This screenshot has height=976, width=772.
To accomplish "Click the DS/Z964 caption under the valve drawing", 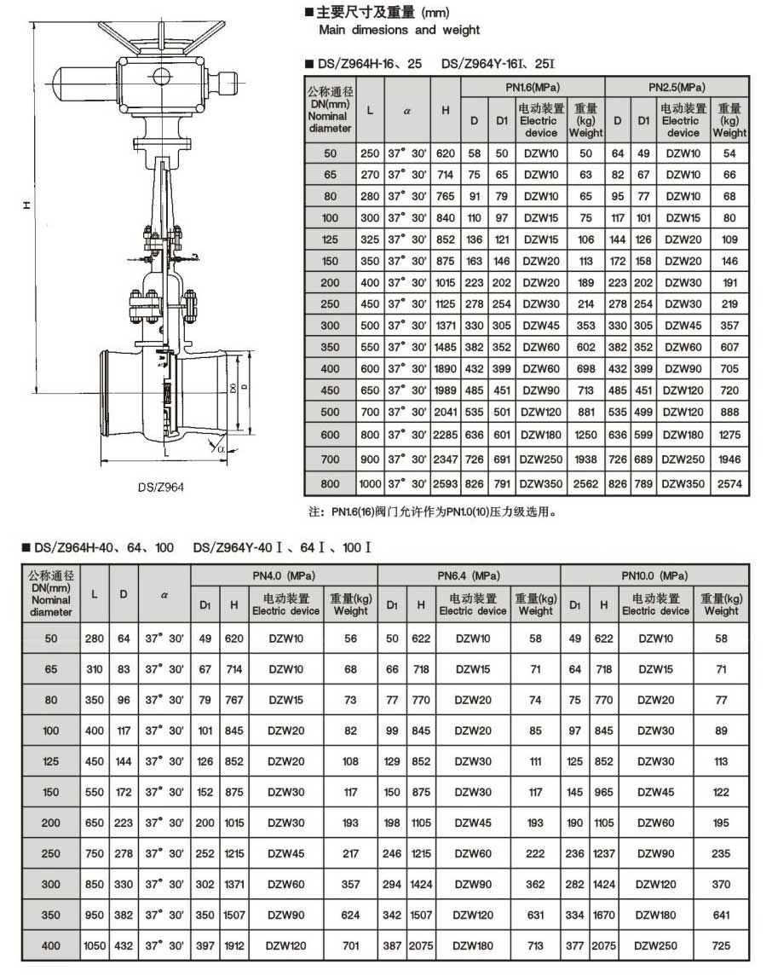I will pos(162,488).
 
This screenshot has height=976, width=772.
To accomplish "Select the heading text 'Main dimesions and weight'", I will pos(399,30).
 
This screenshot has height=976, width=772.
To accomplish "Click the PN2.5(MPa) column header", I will pos(677,87).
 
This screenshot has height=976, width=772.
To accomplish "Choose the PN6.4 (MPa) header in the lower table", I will pos(469,575).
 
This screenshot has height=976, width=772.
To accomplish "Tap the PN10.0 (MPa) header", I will pos(654,575).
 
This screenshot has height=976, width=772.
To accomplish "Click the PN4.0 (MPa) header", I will pos(284,575).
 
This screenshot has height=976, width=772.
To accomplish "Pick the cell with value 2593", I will pos(446,484).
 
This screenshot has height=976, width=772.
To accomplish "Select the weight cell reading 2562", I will pos(585,484).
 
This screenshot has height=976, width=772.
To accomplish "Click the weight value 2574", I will pos(729,484).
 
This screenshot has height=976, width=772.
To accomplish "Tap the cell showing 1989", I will pos(446,390).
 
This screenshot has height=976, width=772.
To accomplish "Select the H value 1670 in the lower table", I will pos(603,914).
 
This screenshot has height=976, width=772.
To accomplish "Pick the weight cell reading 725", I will pos(721,945).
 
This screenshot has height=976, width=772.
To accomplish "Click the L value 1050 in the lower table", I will pos(95,945).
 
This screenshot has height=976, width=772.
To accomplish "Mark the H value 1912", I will pos(233,945).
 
